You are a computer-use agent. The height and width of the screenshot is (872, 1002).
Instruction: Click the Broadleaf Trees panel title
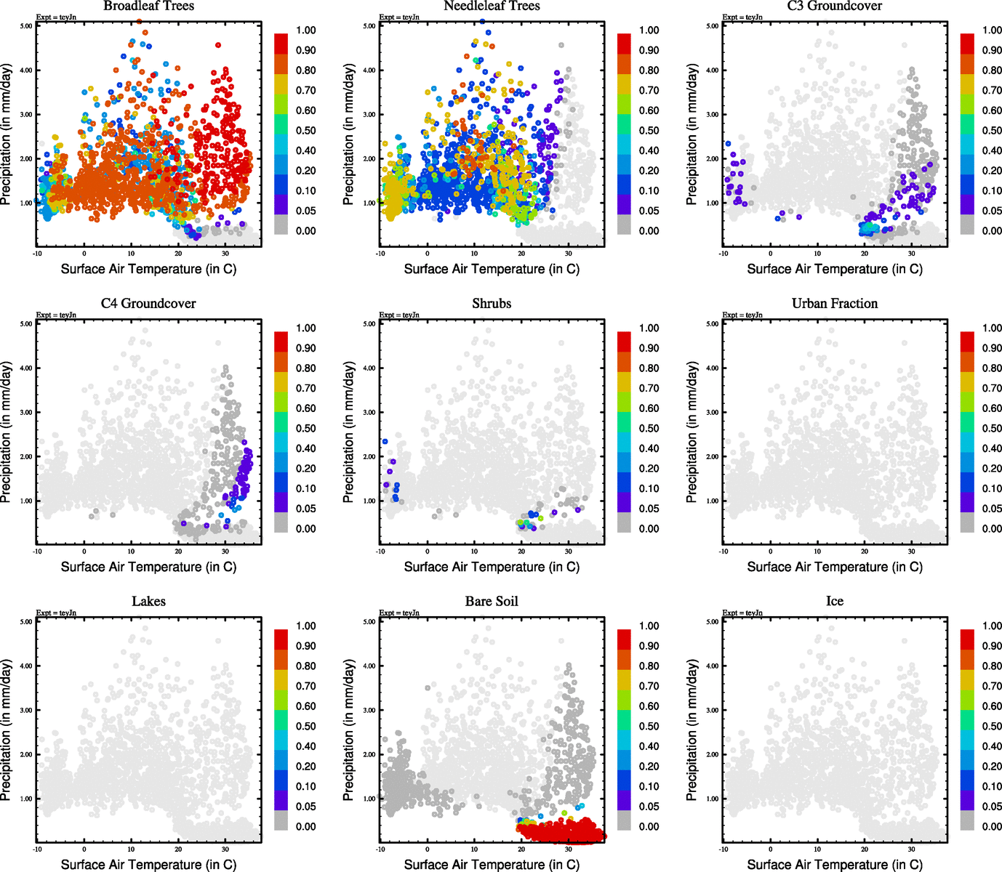148,6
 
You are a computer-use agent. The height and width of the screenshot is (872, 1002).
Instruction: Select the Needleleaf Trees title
492,6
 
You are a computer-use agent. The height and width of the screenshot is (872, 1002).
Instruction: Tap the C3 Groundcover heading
834,6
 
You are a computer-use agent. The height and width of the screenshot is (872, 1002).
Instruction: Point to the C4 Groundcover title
148,304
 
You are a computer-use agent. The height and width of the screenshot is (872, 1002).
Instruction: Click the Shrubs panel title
492,304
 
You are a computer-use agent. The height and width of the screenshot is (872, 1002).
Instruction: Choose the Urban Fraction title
834,304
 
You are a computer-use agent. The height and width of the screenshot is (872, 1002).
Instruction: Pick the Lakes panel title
148,602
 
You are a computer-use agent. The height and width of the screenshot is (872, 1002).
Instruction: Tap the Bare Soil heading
492,602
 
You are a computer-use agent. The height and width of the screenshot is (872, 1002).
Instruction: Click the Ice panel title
834,602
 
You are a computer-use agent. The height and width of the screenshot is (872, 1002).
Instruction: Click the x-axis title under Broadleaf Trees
148,269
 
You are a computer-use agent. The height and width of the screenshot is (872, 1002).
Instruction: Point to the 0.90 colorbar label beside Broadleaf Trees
305,50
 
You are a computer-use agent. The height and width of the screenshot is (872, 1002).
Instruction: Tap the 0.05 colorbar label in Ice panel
992,807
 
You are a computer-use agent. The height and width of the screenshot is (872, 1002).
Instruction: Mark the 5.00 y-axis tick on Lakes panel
26,622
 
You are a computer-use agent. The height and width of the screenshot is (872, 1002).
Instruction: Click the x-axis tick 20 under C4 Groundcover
178,552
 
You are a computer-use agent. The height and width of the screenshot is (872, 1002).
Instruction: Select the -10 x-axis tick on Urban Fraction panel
724,552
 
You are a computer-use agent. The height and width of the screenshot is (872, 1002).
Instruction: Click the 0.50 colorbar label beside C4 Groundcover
305,429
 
